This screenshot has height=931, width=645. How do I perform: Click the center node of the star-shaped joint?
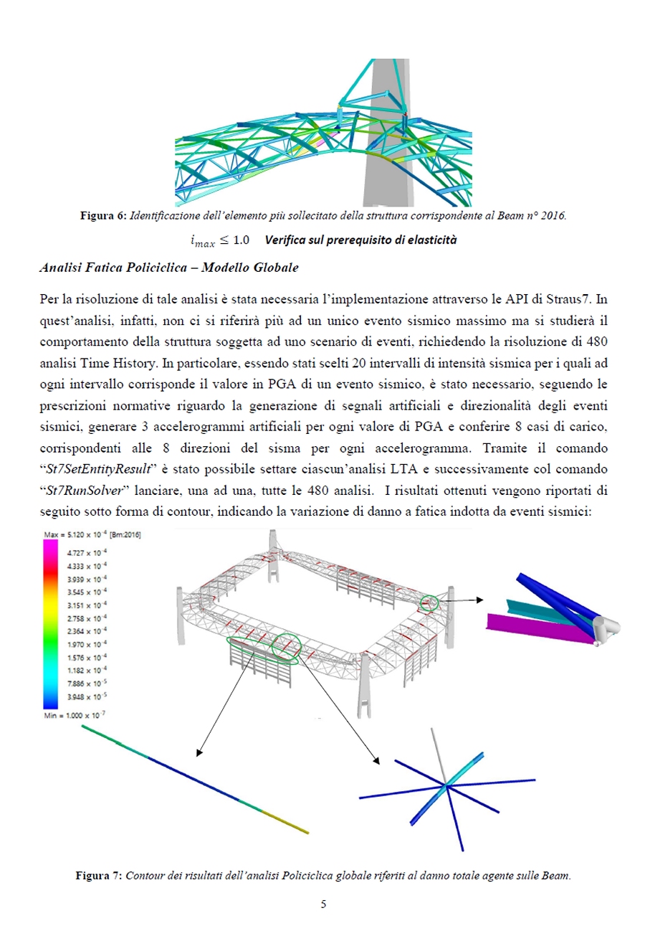tap(446, 787)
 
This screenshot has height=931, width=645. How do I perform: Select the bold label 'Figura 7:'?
tap(98, 876)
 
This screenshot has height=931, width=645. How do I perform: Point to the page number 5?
tap(323, 904)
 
